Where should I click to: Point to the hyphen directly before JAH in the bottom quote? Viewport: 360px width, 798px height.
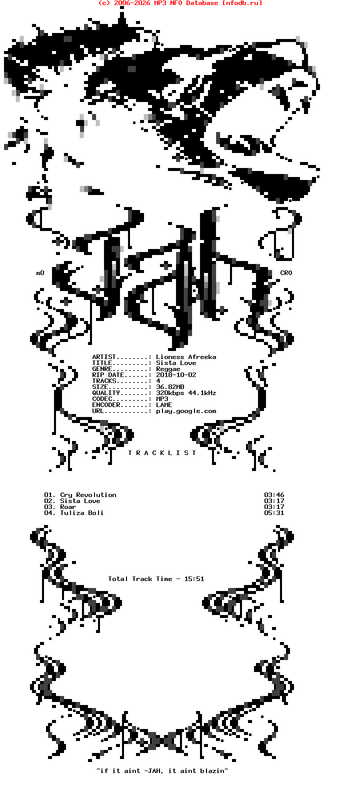click(146, 771)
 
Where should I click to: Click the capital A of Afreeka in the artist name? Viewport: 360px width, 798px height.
click(190, 357)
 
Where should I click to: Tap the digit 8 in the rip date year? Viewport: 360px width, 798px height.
click(170, 375)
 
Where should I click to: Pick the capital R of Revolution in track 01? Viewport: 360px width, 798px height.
click(78, 495)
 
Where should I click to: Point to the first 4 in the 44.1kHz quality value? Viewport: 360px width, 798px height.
click(190, 393)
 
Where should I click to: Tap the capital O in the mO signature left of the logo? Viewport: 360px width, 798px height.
click(42, 273)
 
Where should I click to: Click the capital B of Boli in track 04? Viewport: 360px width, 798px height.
click(90, 513)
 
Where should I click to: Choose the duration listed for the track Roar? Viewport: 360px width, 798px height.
click(274, 507)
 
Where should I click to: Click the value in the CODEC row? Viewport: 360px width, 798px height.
click(162, 399)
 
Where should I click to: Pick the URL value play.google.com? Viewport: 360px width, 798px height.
click(186, 411)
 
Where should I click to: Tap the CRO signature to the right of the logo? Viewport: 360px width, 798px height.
click(286, 273)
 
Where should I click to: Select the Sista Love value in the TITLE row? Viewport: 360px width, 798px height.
click(176, 363)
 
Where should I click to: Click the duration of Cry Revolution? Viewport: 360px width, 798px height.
click(274, 495)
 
